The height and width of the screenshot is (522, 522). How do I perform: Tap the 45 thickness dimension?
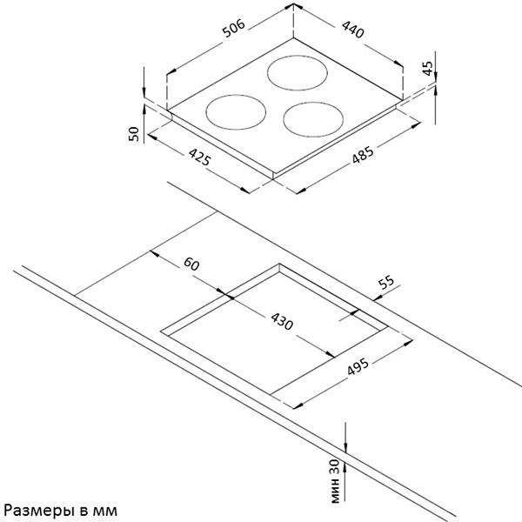[x=427, y=70]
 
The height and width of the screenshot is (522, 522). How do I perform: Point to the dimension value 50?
[x=133, y=133]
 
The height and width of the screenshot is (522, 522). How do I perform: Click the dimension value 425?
[x=198, y=158]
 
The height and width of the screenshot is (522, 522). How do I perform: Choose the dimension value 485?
[x=363, y=157]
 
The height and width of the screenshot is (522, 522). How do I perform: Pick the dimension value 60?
[x=192, y=264]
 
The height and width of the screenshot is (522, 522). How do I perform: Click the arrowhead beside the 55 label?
[x=357, y=311]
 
